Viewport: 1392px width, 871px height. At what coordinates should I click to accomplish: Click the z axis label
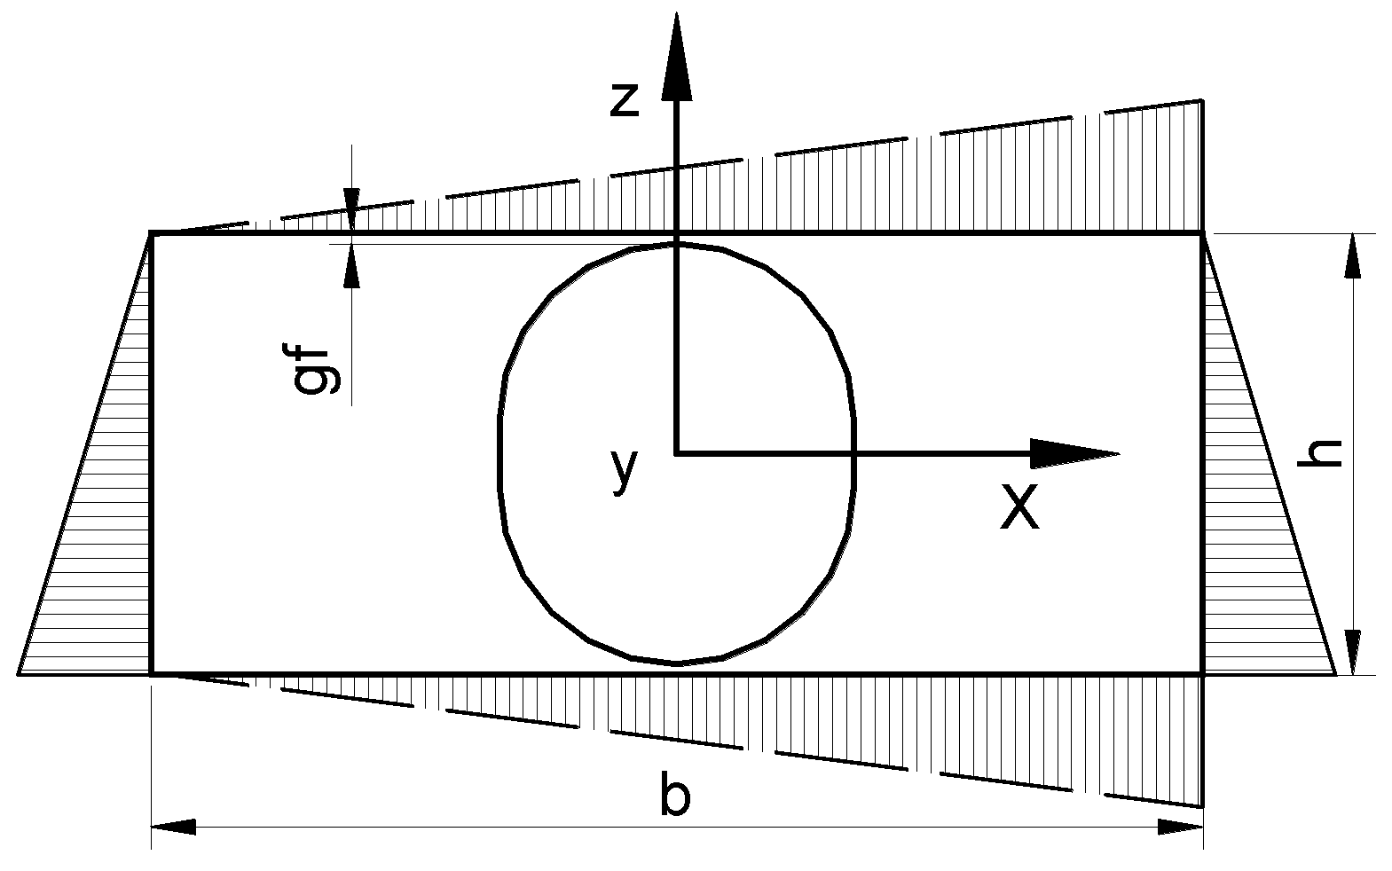coord(625,100)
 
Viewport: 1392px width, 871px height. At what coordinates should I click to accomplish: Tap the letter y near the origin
coord(625,469)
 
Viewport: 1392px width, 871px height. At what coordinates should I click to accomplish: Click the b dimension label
coord(675,795)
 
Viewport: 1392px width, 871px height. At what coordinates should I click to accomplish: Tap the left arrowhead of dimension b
coord(173,827)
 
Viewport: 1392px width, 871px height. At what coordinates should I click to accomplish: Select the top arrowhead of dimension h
coord(1352,256)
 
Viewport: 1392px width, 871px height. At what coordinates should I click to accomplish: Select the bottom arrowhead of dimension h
coord(1352,652)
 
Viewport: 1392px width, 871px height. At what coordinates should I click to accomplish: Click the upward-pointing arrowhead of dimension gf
coord(352,265)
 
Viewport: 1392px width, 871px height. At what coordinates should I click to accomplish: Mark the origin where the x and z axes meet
coord(677,453)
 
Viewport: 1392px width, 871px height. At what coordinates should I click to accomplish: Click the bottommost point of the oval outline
coord(676,663)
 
